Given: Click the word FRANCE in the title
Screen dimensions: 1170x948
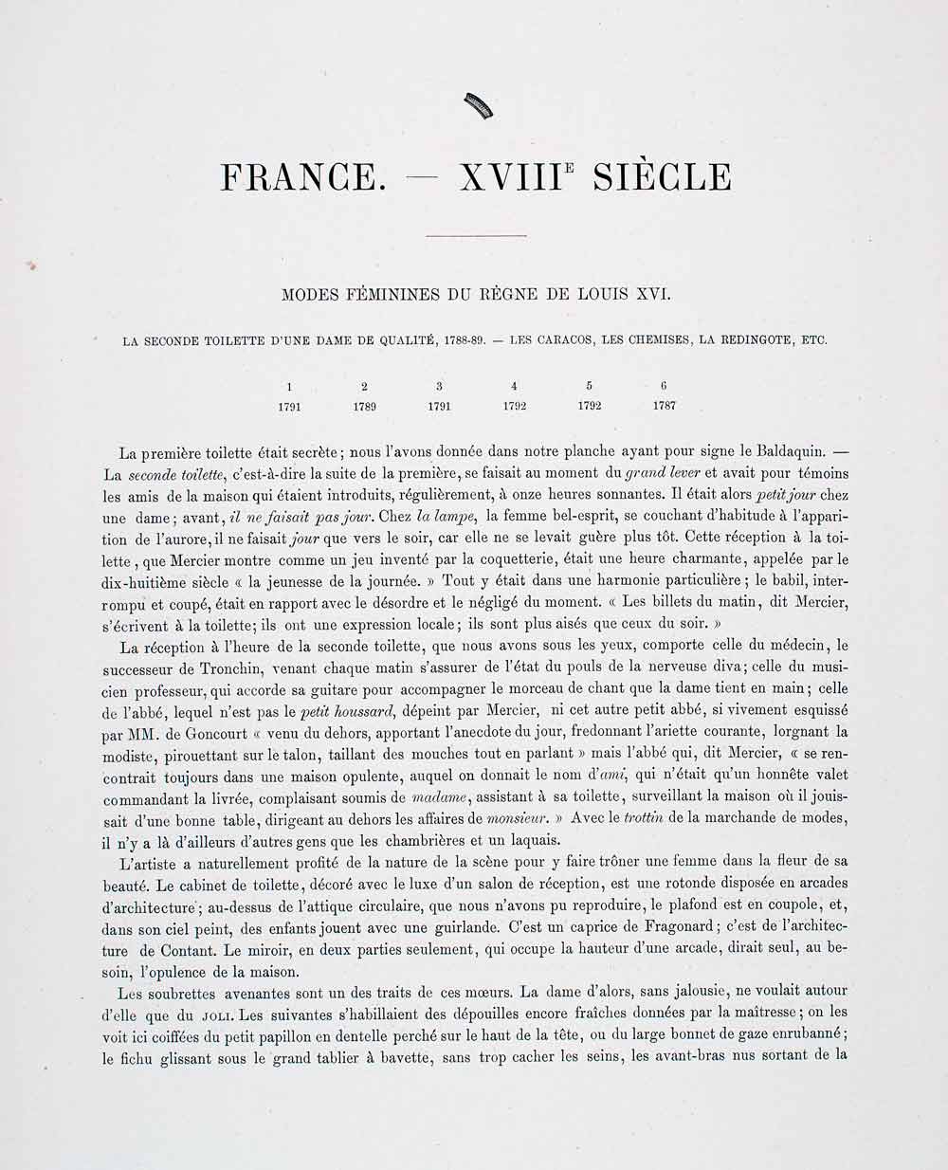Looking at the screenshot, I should click(298, 177).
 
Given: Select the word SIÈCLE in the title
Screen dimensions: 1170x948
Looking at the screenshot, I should click(662, 177).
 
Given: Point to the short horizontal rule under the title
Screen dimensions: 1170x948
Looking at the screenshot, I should click(476, 235).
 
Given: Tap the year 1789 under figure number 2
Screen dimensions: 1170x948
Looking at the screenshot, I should click(364, 406).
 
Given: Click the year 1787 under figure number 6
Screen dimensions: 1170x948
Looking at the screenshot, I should click(665, 406).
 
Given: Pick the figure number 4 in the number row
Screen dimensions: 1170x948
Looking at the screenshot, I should click(514, 386).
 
